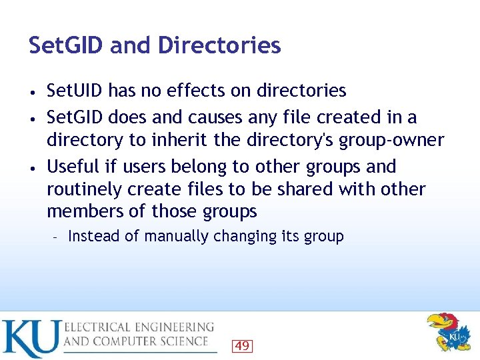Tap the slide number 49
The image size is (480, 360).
tap(242, 345)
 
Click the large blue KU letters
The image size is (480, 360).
tap(31, 339)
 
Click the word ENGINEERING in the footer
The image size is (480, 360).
tap(173, 327)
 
